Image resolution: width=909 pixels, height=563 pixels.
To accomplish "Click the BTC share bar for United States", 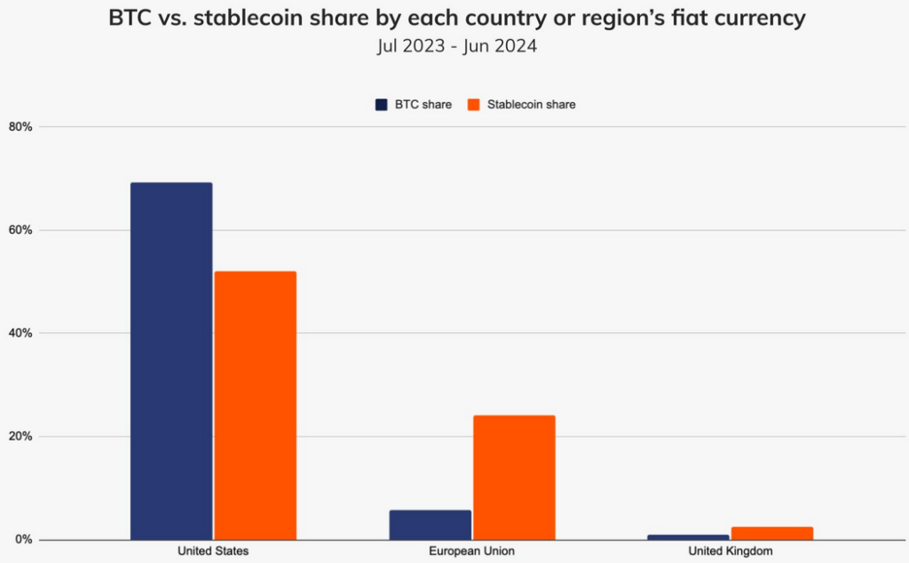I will click(171, 361).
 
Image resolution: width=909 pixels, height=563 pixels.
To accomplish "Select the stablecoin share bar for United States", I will click(255, 405).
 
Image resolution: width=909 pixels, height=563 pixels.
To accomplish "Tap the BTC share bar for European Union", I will click(431, 525).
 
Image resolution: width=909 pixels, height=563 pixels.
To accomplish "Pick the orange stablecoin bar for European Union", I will click(514, 477).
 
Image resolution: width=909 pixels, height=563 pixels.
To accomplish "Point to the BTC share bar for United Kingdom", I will click(688, 537).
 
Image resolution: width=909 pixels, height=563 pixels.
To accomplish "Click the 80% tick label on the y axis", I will click(20, 127).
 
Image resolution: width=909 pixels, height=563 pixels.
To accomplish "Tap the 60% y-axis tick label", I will click(20, 230).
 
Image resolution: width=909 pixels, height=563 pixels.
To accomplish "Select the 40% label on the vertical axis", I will click(20, 333).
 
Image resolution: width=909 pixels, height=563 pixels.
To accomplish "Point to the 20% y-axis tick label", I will click(20, 437).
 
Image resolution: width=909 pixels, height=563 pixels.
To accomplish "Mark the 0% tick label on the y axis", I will click(23, 540).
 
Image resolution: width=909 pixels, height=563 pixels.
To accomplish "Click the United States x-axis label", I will click(213, 551).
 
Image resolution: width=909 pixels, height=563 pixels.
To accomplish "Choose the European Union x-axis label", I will click(472, 551).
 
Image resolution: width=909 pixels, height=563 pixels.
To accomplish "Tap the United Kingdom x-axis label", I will click(731, 551).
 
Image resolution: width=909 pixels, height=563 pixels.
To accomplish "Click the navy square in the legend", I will click(381, 105).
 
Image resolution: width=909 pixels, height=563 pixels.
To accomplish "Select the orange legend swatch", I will click(473, 105).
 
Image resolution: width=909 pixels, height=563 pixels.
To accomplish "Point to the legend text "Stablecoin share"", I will click(531, 105).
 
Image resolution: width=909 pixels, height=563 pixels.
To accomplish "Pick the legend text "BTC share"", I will click(423, 105).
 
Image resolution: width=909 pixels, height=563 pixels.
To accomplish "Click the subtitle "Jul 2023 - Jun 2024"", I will click(456, 46).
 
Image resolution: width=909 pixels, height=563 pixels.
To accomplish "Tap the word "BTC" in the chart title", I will click(130, 18).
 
